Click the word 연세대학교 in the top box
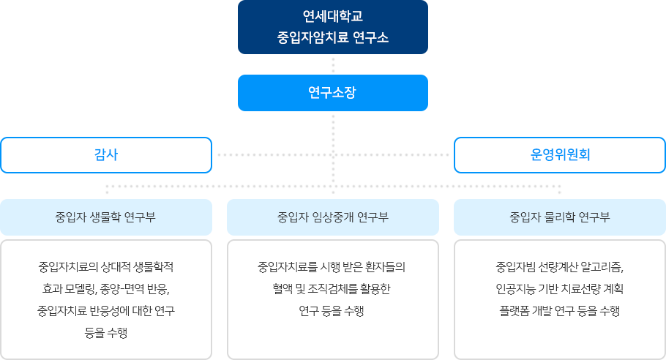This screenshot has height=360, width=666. [x=333, y=15]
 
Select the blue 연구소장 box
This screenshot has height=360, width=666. [x=333, y=93]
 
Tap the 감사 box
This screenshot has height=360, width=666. [x=106, y=154]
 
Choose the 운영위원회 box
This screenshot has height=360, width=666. [x=560, y=154]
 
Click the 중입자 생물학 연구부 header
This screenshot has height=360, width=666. [x=105, y=217]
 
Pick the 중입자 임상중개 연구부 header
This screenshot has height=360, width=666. [x=333, y=217]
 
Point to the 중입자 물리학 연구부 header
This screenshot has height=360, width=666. [x=560, y=217]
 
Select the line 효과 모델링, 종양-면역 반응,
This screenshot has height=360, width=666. [x=106, y=288]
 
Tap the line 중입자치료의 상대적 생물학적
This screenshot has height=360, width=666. [x=106, y=265]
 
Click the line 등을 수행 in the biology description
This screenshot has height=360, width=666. [x=106, y=333]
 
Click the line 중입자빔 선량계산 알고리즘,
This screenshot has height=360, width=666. [x=560, y=266]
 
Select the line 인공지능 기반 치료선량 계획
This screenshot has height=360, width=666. [x=560, y=288]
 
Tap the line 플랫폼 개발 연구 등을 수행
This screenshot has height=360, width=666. [x=560, y=311]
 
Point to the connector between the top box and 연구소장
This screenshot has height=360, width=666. [x=333, y=64]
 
